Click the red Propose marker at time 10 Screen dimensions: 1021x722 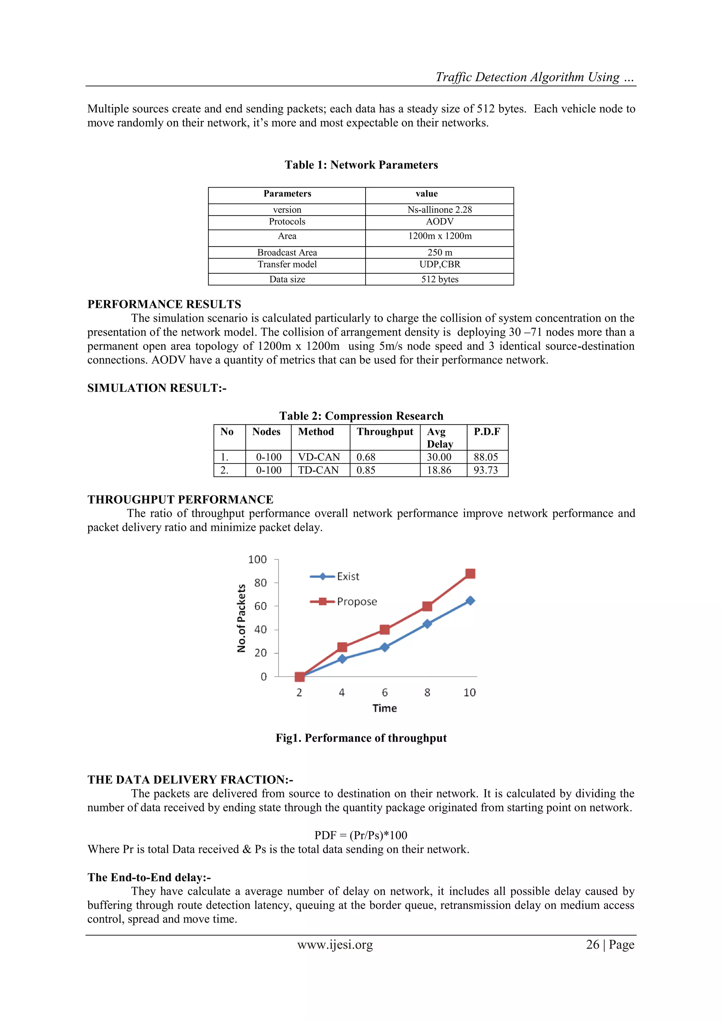pyautogui.click(x=470, y=574)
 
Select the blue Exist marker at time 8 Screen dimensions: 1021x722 pyautogui.click(x=427, y=624)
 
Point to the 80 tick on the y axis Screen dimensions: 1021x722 pyautogui.click(x=261, y=583)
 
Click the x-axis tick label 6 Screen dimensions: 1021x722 pyautogui.click(x=385, y=692)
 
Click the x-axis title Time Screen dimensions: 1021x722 pyautogui.click(x=385, y=709)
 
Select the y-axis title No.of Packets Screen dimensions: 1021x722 pyautogui.click(x=241, y=618)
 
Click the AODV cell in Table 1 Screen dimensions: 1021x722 pyautogui.click(x=439, y=221)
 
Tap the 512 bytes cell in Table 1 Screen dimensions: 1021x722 pyautogui.click(x=439, y=279)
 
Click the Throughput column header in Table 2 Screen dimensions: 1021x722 pyautogui.click(x=385, y=432)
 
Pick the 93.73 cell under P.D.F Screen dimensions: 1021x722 pyautogui.click(x=485, y=470)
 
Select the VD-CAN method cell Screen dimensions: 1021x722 pyautogui.click(x=319, y=457)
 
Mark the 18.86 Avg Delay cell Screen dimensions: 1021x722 pyautogui.click(x=439, y=470)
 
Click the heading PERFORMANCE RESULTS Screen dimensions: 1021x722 pyautogui.click(x=164, y=304)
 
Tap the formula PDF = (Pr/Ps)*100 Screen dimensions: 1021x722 pyautogui.click(x=361, y=835)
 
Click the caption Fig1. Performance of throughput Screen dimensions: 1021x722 pyautogui.click(x=361, y=738)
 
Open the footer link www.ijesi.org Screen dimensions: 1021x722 pyautogui.click(x=335, y=944)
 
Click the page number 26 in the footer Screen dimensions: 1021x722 pyautogui.click(x=593, y=944)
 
